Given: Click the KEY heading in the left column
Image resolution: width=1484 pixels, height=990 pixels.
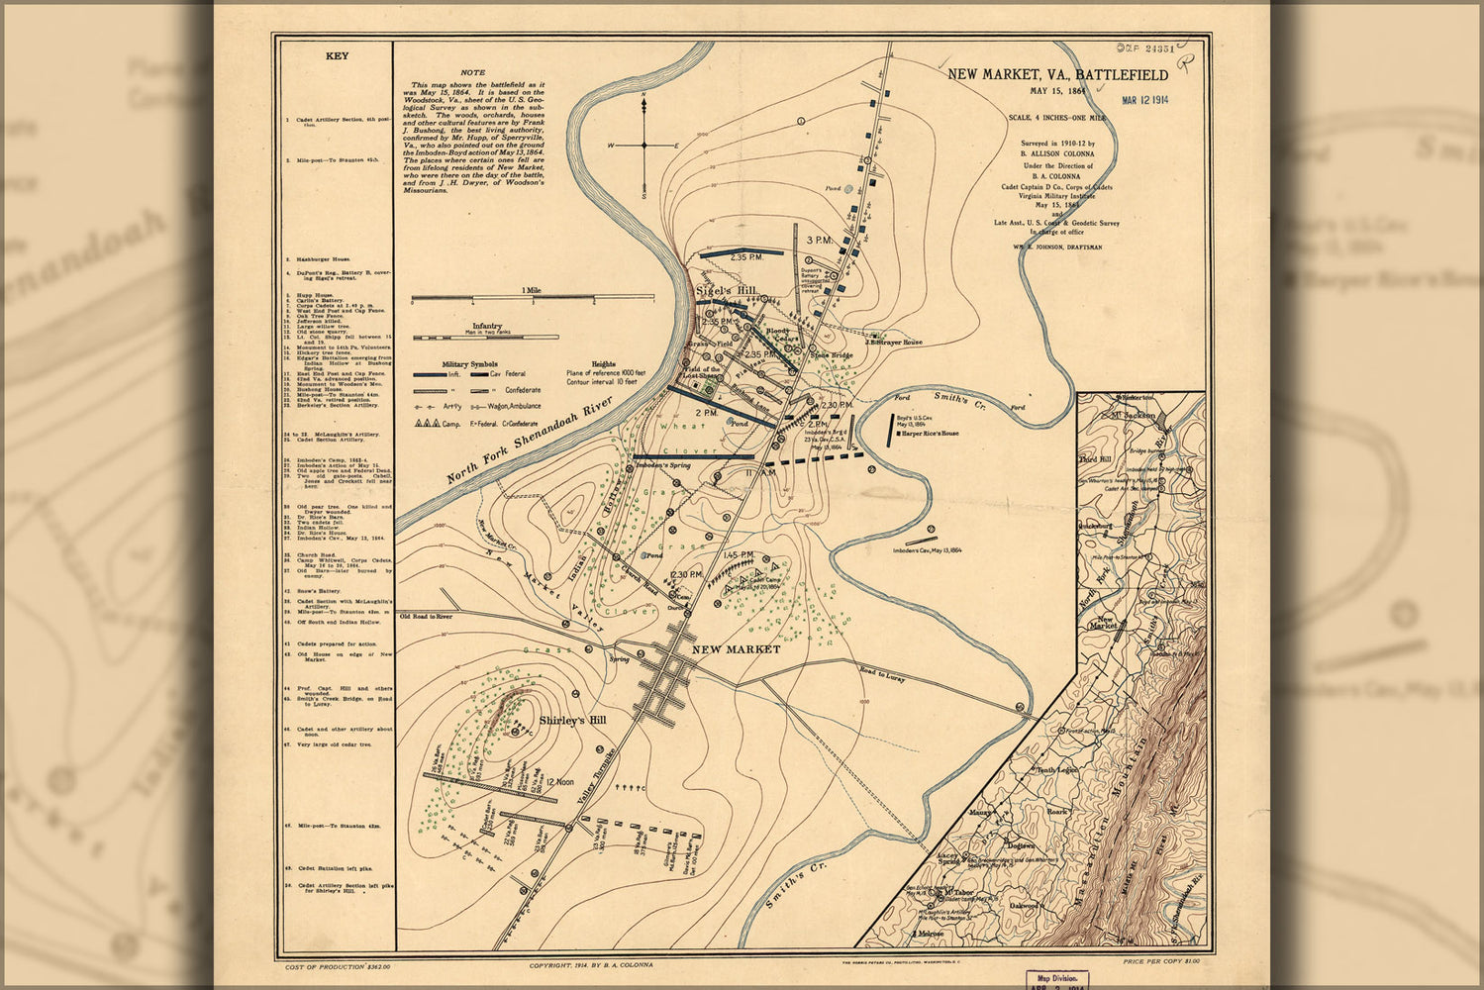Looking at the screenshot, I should [x=337, y=56].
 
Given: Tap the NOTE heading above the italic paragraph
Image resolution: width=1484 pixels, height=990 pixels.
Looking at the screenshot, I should [x=473, y=72].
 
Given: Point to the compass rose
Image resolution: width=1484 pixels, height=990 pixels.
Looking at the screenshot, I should [x=644, y=145].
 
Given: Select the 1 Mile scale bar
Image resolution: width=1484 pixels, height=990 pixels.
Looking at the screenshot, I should [x=532, y=296].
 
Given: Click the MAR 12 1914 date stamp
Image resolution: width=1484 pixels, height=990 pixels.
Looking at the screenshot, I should [x=1144, y=98].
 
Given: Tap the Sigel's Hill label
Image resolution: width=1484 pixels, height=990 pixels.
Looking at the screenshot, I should [x=726, y=290].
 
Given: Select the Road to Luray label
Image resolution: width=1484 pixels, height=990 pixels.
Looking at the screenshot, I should [x=882, y=677].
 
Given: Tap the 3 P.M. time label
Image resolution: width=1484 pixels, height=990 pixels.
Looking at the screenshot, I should [x=819, y=241].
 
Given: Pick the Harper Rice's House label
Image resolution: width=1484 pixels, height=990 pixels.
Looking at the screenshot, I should [x=930, y=434].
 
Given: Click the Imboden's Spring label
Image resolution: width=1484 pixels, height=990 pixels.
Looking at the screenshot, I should [x=662, y=464].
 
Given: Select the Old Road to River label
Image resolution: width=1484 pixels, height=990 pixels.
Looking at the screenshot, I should [x=426, y=616].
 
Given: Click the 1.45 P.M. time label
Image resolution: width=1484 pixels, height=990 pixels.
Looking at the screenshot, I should [x=739, y=554].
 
